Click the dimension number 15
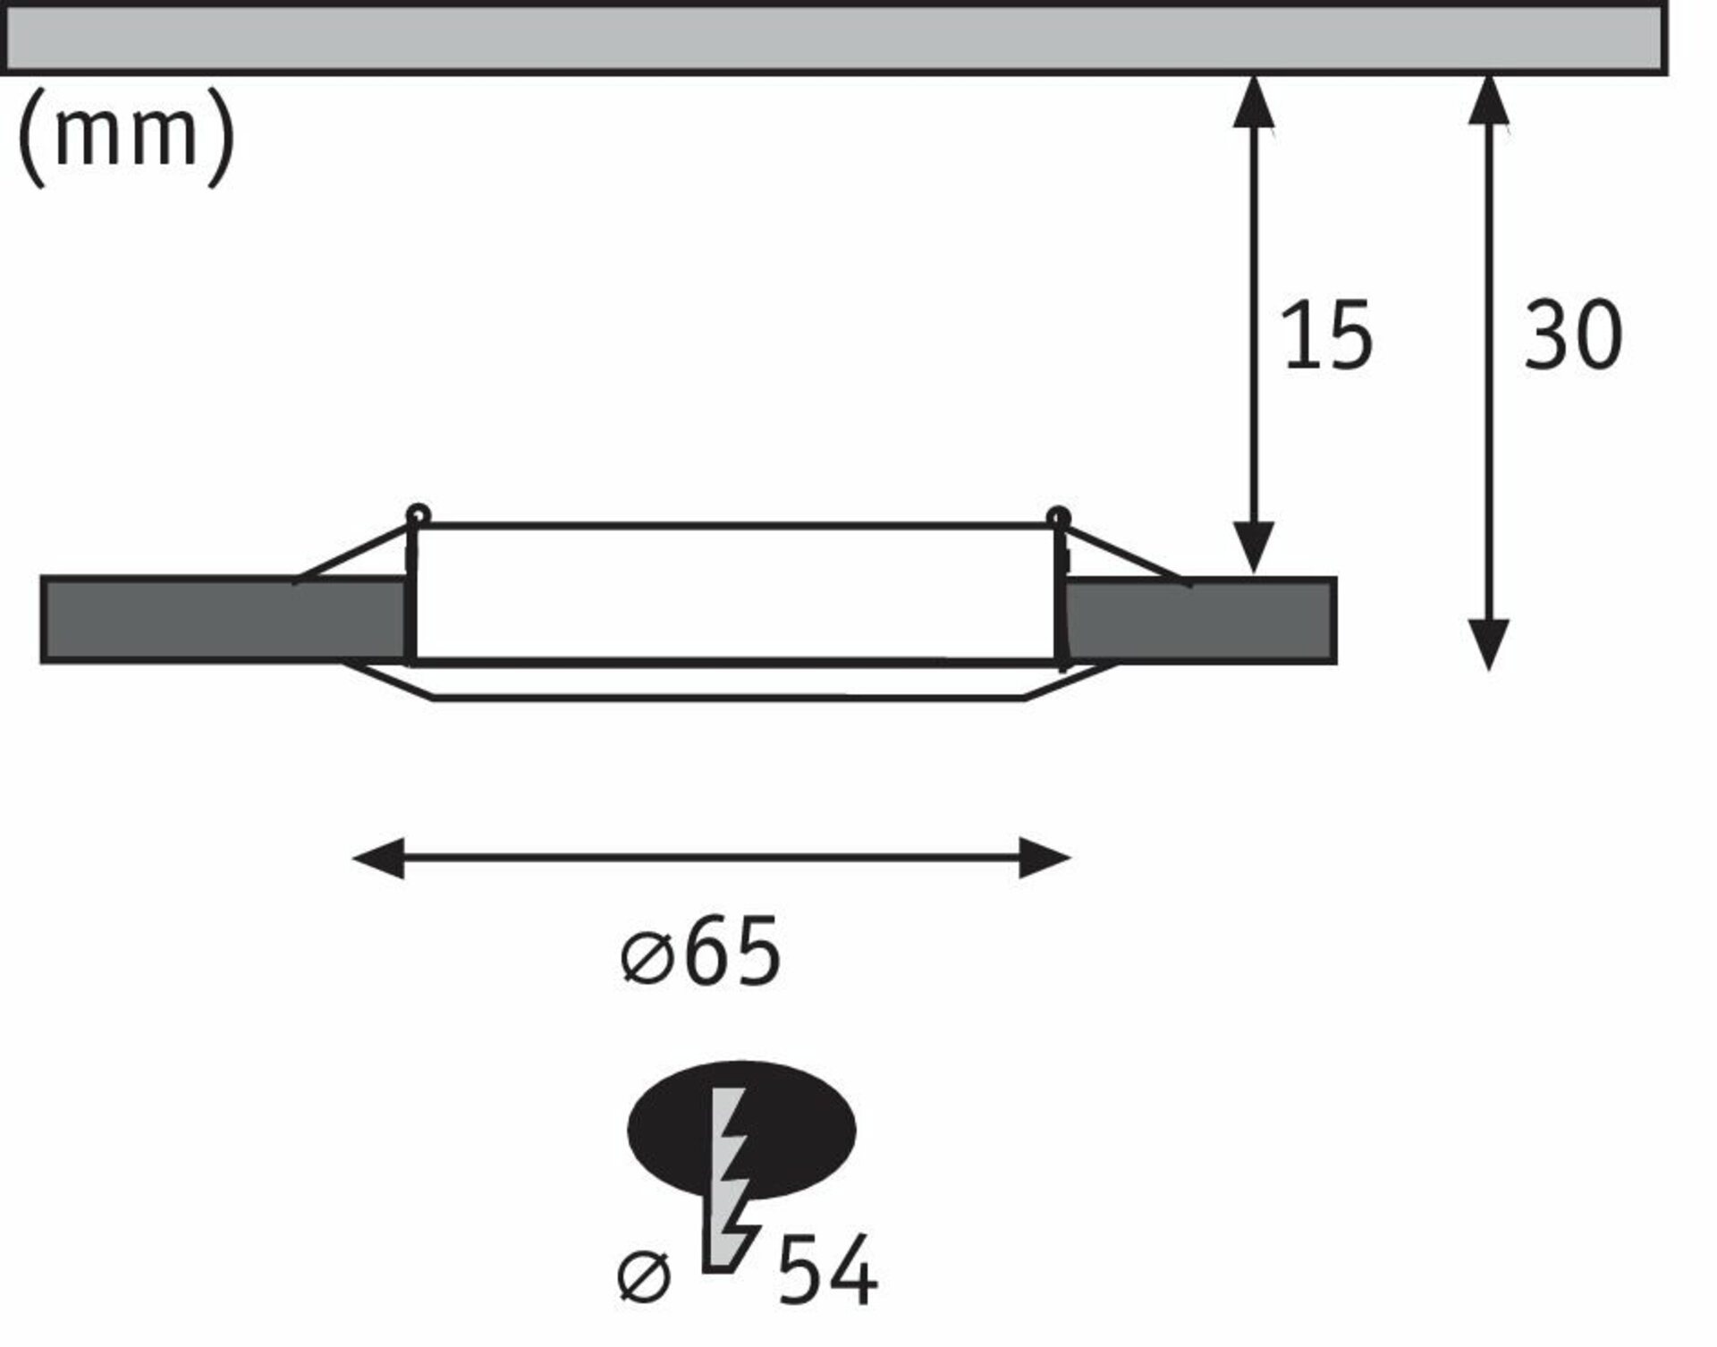[x=1327, y=336]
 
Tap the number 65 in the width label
[x=732, y=952]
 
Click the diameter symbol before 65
[x=646, y=959]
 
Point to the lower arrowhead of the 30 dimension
[x=1490, y=644]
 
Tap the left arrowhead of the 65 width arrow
[x=378, y=859]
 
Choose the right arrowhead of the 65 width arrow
[x=1045, y=859]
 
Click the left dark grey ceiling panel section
[x=224, y=620]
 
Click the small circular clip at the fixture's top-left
[x=418, y=516]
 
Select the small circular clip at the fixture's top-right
[x=1059, y=516]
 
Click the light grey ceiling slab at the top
[x=833, y=38]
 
